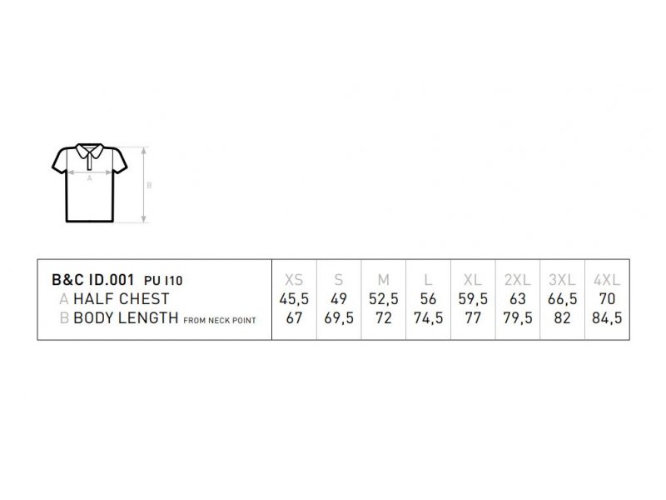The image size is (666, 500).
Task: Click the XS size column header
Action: tap(294, 280)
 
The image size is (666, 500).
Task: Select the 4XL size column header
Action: tap(607, 280)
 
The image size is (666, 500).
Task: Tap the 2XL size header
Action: tap(517, 280)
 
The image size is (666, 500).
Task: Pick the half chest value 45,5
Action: tap(294, 299)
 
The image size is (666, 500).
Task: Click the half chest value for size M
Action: tap(384, 299)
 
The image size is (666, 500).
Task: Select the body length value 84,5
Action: tap(607, 318)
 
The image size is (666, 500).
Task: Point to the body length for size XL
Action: tap(473, 318)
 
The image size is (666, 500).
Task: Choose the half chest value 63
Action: tap(517, 299)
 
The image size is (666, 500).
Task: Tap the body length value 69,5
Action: tap(339, 318)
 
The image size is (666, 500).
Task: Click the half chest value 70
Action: tap(607, 299)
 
